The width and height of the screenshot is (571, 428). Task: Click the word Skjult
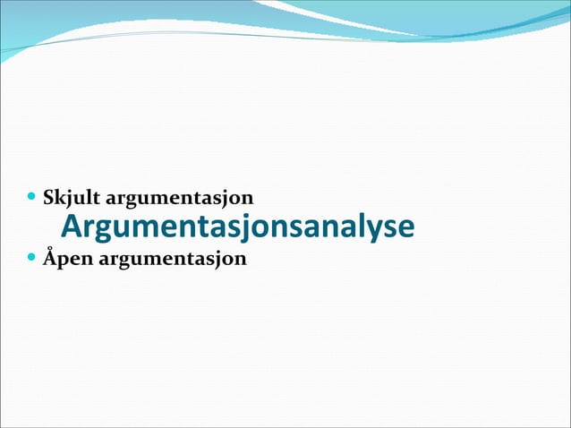pyautogui.click(x=72, y=195)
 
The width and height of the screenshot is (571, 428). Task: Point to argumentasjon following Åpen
pyautogui.click(x=172, y=260)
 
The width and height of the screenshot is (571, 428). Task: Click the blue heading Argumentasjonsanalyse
pyautogui.click(x=237, y=227)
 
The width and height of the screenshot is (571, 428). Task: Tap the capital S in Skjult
pyautogui.click(x=50, y=194)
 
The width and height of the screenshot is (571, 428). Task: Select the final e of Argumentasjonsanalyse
pyautogui.click(x=405, y=228)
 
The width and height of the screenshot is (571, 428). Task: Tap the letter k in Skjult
pyautogui.click(x=61, y=194)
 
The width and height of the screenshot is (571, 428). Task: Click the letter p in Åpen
pyautogui.click(x=64, y=261)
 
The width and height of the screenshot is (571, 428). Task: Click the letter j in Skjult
pyautogui.click(x=71, y=196)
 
